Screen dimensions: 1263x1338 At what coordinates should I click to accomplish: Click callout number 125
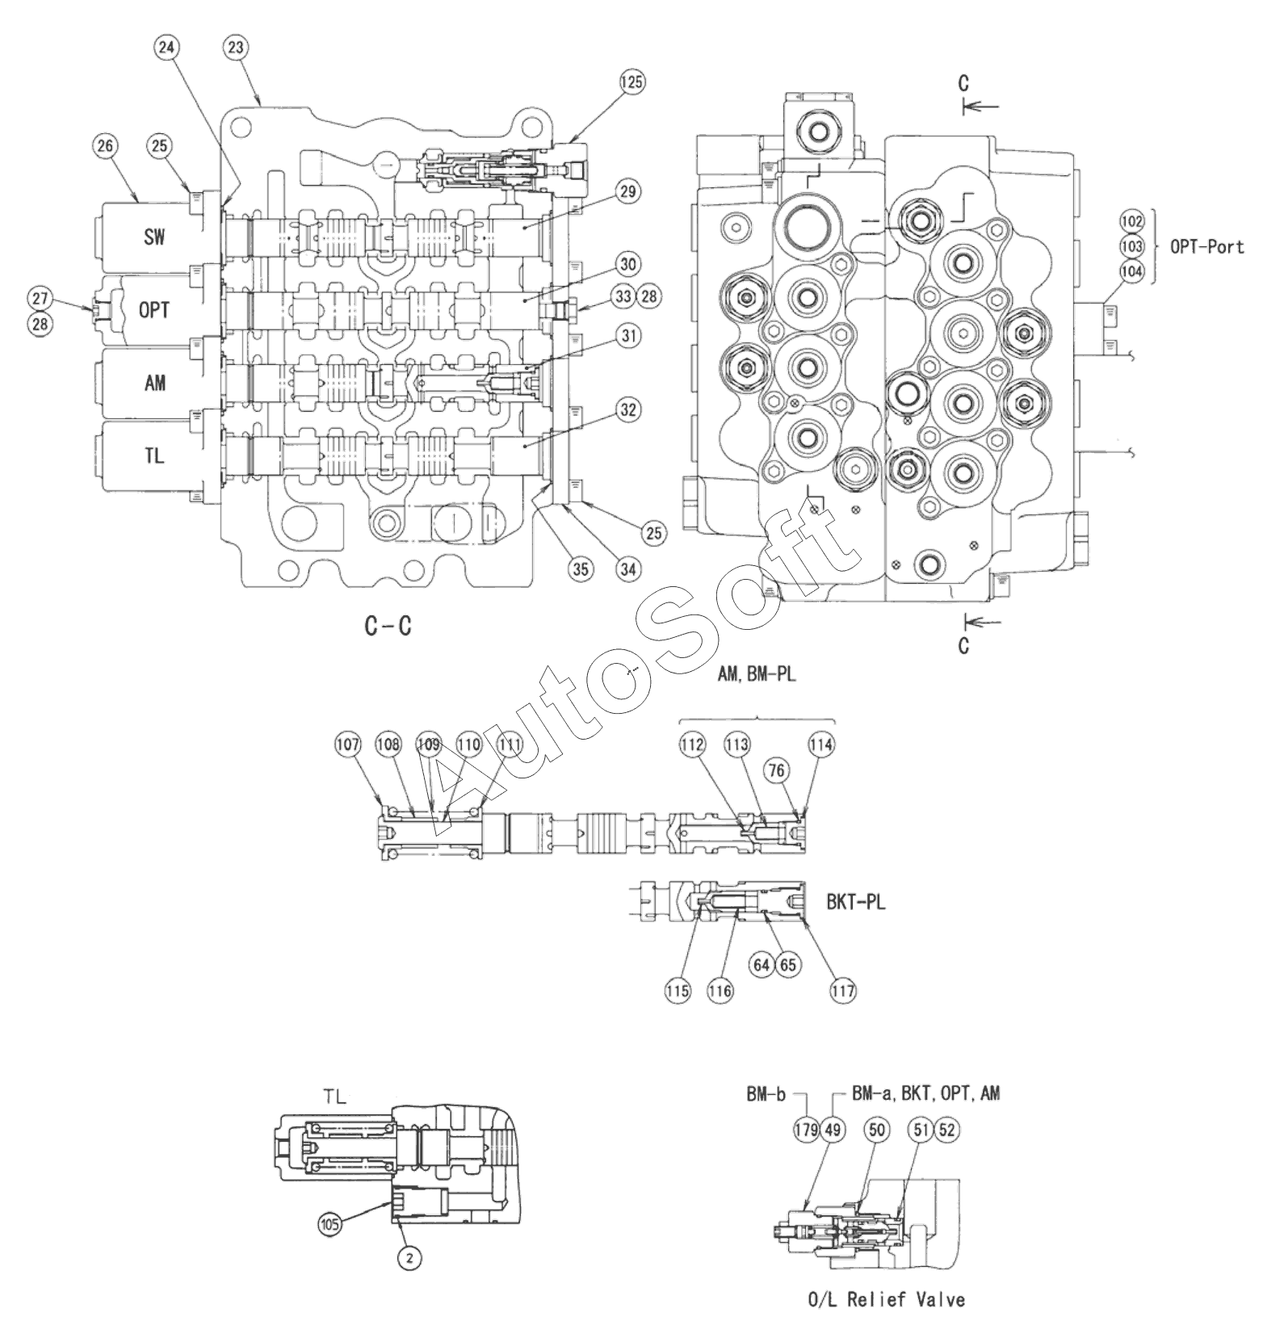pos(633,82)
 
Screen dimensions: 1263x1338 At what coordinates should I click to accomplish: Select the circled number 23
pos(235,48)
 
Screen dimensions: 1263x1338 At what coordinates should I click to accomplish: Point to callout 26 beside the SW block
pos(106,146)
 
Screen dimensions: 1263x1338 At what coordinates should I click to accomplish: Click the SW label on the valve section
pos(154,237)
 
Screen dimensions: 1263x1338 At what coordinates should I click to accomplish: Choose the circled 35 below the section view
pos(581,569)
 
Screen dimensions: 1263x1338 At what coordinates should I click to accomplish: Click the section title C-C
pos(388,625)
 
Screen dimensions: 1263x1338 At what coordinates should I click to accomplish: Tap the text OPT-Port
pos(1207,246)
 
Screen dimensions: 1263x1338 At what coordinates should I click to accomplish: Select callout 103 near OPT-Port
pos(1132,245)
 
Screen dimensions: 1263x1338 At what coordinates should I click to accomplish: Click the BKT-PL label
pos(856,901)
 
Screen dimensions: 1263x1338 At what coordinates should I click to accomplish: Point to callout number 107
pos(348,745)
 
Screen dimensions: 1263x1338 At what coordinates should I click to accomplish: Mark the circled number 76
pos(776,770)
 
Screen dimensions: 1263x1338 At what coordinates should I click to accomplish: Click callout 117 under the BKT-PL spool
pos(842,991)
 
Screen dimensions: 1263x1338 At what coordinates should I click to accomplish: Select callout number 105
pos(329,1223)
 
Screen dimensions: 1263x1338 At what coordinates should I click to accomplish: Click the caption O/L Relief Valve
pos(887,1299)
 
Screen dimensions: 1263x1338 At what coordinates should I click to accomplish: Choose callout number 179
pos(806,1130)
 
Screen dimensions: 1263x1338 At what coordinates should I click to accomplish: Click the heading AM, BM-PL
pos(757,673)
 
